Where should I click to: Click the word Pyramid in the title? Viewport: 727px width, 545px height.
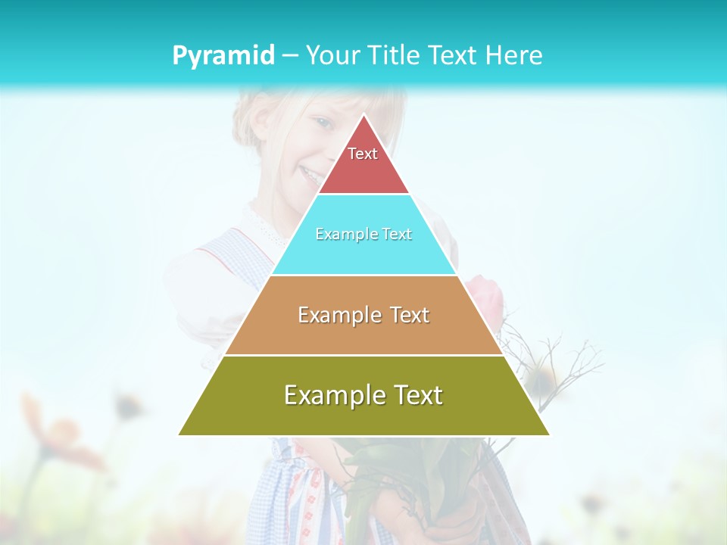tap(223, 56)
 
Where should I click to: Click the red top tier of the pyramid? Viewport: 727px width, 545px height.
tap(363, 170)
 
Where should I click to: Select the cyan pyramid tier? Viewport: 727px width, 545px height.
tap(363, 254)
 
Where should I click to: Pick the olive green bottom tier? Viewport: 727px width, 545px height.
tap(363, 416)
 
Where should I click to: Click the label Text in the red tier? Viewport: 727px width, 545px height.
tap(363, 154)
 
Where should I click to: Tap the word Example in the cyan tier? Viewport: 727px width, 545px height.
tap(340, 235)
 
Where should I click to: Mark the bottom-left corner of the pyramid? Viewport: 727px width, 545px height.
tap(179, 434)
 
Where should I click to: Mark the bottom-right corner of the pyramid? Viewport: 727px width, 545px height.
tap(548, 434)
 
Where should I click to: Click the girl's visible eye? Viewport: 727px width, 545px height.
tap(323, 123)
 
